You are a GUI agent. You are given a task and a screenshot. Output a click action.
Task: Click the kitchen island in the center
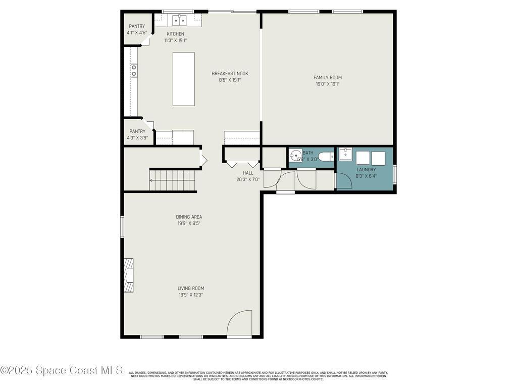183,79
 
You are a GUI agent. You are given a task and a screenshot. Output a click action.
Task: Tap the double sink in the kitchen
179,21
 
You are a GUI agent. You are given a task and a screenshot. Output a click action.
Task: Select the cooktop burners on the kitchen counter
134,70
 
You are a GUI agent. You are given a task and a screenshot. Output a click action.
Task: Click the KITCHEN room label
175,34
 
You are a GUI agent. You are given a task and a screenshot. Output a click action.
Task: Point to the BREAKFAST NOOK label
230,73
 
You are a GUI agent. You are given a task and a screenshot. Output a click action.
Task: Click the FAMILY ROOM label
327,77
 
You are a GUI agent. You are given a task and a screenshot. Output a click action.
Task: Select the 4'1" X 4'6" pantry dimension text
136,33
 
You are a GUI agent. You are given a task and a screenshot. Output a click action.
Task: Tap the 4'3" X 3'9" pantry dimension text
137,137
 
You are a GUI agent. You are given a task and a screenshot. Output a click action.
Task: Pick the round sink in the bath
295,155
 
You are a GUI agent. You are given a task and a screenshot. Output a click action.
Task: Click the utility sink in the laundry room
345,154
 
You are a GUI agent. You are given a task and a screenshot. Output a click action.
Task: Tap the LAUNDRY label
366,170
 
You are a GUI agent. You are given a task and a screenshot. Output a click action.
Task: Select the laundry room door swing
343,181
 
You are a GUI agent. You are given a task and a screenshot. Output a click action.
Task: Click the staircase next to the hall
173,180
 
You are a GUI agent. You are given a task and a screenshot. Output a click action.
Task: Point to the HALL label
248,173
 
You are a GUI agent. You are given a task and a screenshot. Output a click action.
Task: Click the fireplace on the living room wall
129,275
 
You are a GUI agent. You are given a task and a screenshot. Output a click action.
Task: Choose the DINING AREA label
189,217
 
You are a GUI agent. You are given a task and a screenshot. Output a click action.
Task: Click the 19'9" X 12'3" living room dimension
191,295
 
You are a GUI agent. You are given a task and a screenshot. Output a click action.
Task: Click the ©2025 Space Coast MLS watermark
61,370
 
